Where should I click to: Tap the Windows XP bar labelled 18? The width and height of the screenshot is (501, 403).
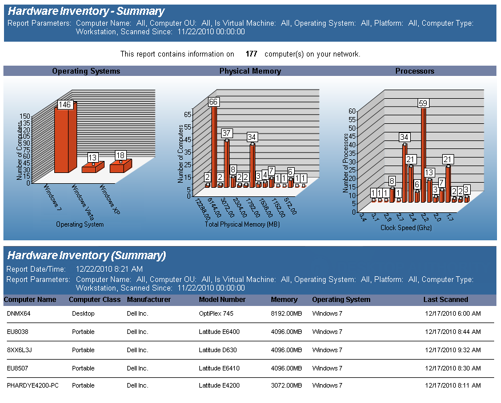pos(120,164)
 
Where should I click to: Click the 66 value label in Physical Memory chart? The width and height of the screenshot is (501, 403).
pos(214,102)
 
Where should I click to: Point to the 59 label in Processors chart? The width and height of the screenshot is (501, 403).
pos(423,103)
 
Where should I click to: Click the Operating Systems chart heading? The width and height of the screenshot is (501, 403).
pos(86,71)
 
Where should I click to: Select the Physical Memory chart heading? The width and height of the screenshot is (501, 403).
pos(250,71)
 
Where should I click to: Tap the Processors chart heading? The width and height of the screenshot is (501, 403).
pos(415,71)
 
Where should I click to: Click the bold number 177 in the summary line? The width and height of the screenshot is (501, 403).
pos(251,54)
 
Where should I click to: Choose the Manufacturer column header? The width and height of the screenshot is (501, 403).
pos(149,300)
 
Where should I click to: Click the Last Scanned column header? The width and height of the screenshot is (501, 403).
pos(446,300)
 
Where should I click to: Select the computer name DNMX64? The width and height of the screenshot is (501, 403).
pos(19,313)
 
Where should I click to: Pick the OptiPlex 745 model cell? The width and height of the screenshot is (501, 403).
pos(216,313)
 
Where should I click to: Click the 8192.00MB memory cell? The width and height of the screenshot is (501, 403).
pos(286,313)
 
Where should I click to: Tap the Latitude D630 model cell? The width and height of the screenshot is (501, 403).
pos(217,350)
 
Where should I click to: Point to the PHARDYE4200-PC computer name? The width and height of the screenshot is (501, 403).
pos(33,385)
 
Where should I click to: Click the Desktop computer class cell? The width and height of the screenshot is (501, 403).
pos(83,313)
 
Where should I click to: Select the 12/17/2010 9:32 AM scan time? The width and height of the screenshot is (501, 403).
pos(453,350)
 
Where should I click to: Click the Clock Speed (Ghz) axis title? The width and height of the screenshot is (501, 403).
pos(406,227)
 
